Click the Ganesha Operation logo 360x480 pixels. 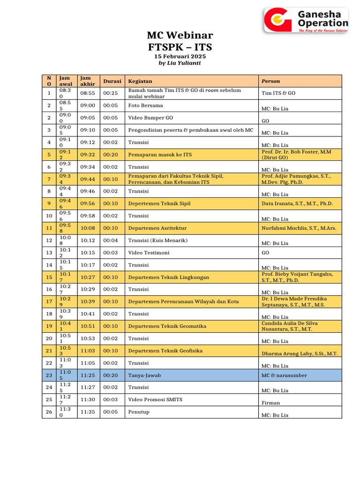(x=306, y=20)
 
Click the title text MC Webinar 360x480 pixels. (x=180, y=36)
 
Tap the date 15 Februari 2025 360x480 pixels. (x=180, y=56)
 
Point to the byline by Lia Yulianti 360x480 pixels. (x=180, y=63)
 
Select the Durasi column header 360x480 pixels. (x=112, y=81)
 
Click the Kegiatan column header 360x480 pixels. (x=140, y=81)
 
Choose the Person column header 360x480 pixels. (x=270, y=81)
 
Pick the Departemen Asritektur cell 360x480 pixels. (x=157, y=228)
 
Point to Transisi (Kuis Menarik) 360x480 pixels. (x=157, y=240)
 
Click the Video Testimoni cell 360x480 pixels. (x=149, y=253)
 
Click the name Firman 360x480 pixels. (x=270, y=403)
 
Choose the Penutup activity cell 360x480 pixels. (x=140, y=412)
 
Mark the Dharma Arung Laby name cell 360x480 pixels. (x=300, y=353)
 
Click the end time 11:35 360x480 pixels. (x=88, y=412)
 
